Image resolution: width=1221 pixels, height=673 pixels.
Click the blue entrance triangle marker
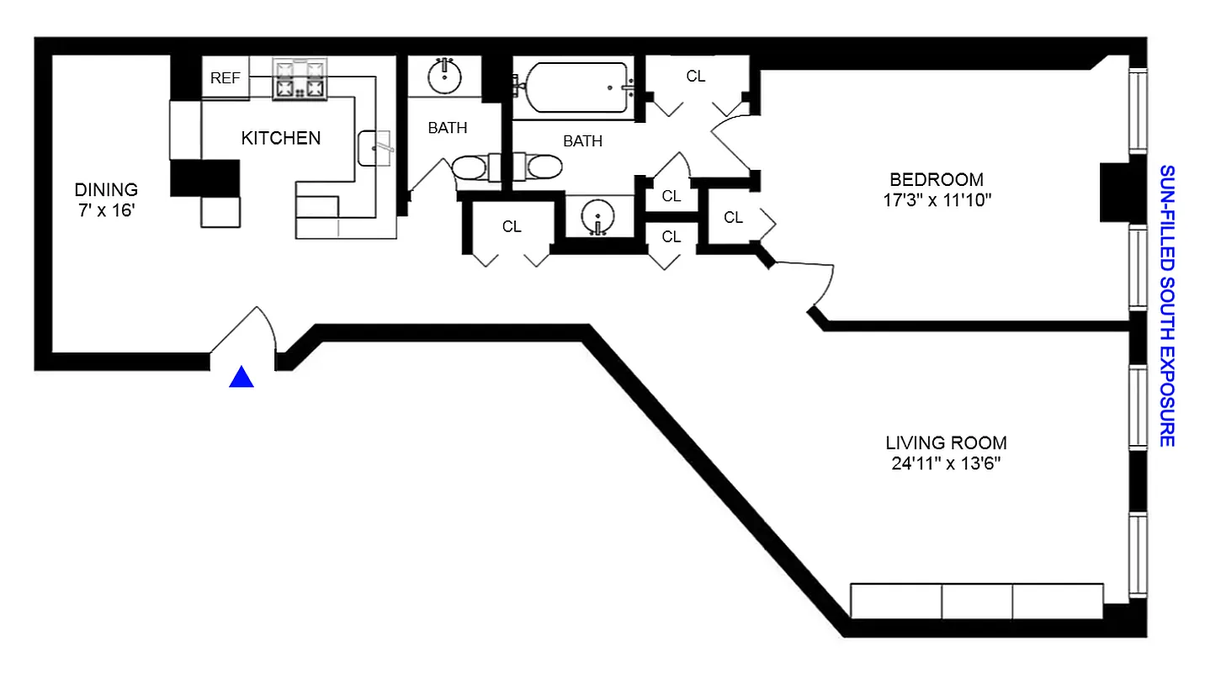point(242,379)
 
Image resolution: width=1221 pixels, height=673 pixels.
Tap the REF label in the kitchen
point(226,78)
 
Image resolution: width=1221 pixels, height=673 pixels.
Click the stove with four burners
point(299,80)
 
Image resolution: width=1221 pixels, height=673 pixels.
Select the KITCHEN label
point(281,138)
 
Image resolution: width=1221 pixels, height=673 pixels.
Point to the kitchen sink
point(375,148)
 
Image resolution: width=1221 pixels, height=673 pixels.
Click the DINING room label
point(106,190)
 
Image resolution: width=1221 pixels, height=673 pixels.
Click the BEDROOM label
point(937,180)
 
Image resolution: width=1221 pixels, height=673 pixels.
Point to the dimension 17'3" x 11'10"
point(937,200)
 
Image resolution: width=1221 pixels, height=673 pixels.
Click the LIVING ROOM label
point(946,443)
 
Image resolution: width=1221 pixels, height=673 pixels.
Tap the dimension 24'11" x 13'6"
point(946,464)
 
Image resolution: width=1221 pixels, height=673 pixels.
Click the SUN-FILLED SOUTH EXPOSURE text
point(1166,305)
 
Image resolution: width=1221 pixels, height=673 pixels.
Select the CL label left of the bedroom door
point(733,217)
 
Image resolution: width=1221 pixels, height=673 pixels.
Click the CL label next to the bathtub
point(695,77)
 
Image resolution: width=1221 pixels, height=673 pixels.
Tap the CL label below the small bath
point(512,226)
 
